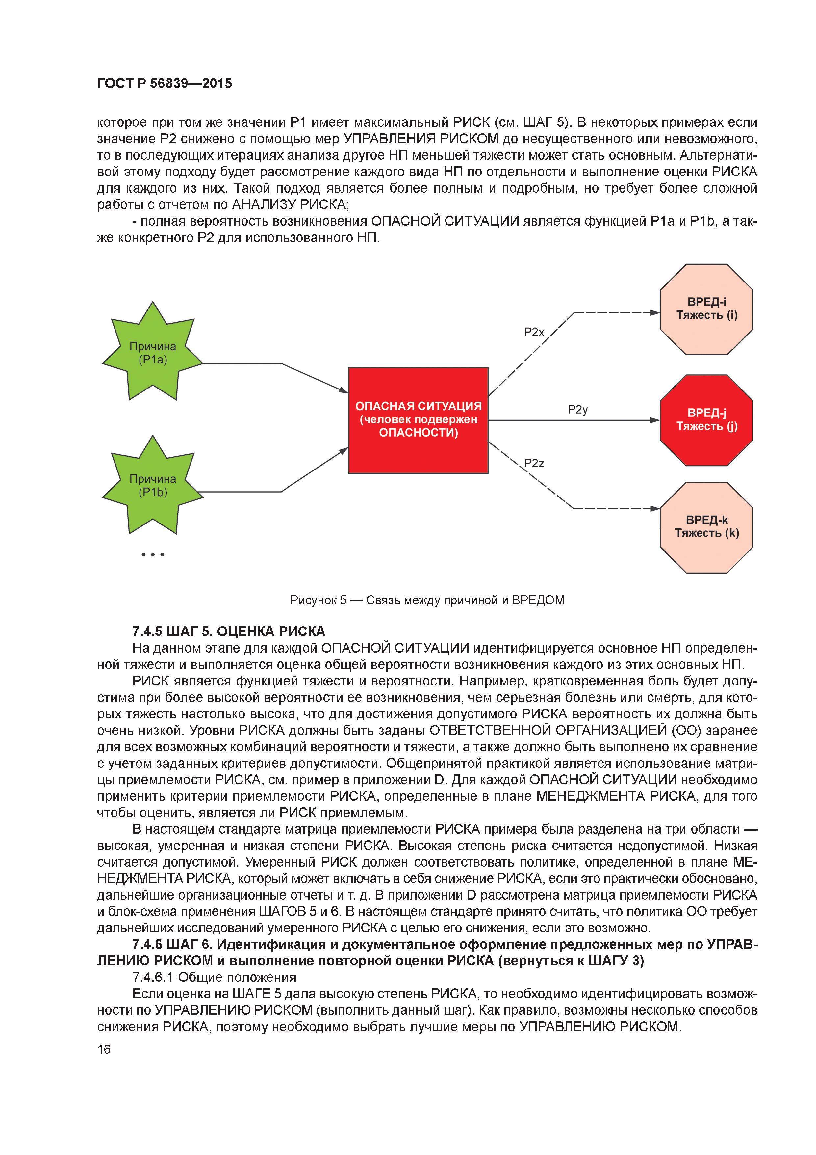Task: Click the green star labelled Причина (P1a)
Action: tap(153, 353)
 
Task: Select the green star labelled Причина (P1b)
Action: tap(153, 485)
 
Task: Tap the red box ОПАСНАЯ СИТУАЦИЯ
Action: tap(418, 420)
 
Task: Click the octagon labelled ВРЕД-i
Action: tap(706, 309)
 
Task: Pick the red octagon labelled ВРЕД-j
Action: tap(706, 420)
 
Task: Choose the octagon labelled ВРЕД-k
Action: tap(706, 527)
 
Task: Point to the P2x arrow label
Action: tap(534, 332)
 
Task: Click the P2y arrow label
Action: tap(578, 410)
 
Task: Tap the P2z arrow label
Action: tap(534, 463)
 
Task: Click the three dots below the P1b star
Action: tap(153, 554)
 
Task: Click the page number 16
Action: tap(104, 1049)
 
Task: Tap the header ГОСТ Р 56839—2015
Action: tap(165, 83)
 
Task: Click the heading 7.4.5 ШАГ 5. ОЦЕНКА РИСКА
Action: tap(228, 631)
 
